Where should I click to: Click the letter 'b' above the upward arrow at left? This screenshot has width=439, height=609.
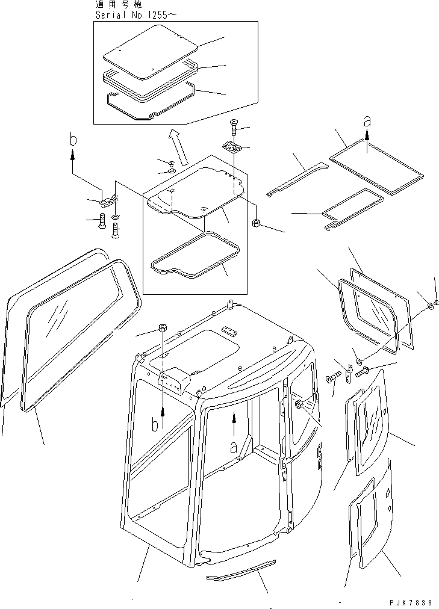click(73, 140)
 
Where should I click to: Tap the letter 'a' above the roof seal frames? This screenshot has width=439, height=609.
click(367, 122)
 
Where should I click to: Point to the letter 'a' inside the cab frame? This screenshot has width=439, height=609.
click(234, 448)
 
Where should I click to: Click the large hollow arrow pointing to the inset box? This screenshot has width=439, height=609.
click(178, 147)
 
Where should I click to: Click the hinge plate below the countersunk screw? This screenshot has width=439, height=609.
click(232, 147)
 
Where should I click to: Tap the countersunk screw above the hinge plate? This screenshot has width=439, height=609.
click(234, 127)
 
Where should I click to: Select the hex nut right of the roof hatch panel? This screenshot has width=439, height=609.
click(257, 223)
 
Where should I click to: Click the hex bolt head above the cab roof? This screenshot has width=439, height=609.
click(163, 328)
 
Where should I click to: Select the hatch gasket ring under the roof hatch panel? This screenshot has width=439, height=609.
click(195, 255)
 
